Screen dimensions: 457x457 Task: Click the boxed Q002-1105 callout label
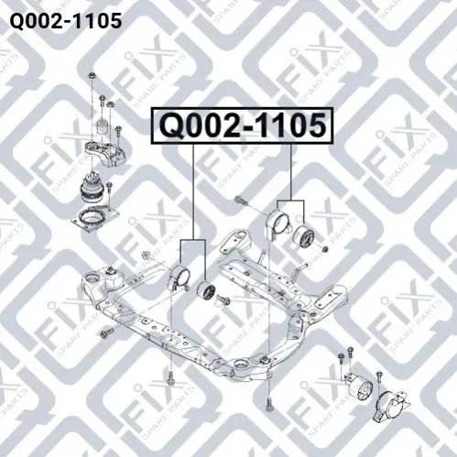point(242,125)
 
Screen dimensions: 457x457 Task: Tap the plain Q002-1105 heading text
point(66,21)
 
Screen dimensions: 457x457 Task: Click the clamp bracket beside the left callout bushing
point(180,278)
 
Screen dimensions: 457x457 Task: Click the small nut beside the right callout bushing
point(326,249)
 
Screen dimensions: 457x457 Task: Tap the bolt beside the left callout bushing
point(223,299)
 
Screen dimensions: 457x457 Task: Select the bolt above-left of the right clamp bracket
point(242,201)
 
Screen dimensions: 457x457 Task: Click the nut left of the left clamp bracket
point(146,255)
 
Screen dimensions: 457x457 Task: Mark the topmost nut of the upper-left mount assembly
point(92,76)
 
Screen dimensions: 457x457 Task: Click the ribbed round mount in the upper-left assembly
point(92,190)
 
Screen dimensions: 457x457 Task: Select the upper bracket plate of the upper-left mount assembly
point(104,154)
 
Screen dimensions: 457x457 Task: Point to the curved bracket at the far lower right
point(392,406)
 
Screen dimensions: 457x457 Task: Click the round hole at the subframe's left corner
point(92,279)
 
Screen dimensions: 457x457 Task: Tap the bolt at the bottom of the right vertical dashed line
point(268,404)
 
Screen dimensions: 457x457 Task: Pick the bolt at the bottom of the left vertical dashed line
point(170,378)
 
